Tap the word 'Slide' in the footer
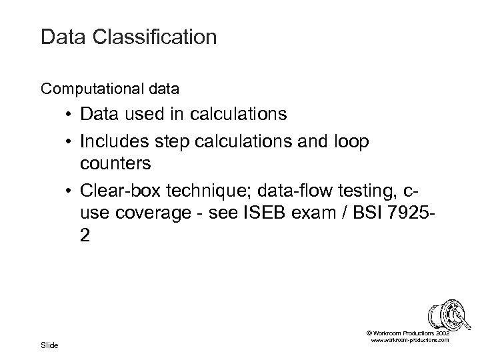click(49, 345)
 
